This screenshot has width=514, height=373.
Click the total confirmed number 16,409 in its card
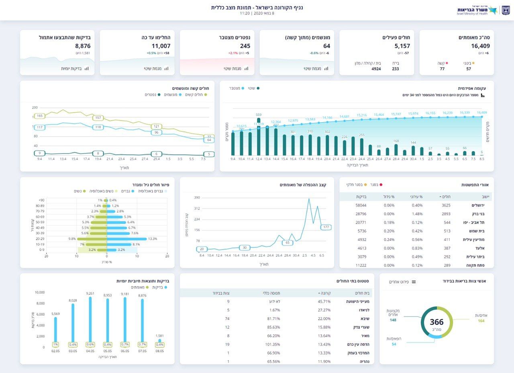coord(480,46)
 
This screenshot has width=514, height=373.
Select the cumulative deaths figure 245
coord(245,46)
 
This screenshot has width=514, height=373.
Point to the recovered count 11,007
coord(161,46)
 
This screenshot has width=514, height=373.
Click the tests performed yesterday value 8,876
coord(83,46)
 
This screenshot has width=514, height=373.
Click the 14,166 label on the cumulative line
coord(327,118)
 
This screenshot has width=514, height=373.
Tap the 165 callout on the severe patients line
coord(39,116)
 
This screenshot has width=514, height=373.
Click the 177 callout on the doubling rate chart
coord(326,227)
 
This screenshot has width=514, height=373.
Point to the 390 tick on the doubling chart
coord(197,198)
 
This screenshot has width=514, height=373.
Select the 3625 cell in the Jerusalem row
coord(446,205)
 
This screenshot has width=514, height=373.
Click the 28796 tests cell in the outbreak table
coord(361,214)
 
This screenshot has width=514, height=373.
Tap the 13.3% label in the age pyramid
coord(153,239)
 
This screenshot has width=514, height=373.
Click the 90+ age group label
coord(41,200)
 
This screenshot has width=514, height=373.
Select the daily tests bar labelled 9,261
coord(90,322)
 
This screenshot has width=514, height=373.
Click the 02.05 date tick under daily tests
coord(55,351)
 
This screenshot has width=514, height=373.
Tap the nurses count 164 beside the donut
coord(481,321)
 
